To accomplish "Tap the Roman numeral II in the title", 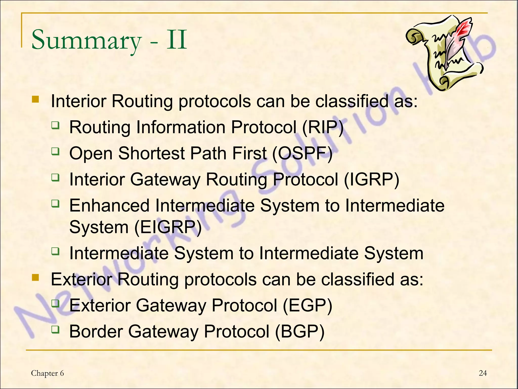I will point(177,40).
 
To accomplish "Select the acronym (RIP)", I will point(323,127).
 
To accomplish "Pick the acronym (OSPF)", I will point(302,153).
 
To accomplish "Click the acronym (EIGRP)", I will point(168,227).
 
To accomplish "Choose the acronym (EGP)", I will point(307,305).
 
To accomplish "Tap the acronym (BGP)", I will point(299,332).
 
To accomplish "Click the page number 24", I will point(483,373).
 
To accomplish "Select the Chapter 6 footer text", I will point(47,373).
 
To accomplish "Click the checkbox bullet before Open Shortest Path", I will point(55,151).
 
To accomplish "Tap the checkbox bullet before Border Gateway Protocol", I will point(55,329).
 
